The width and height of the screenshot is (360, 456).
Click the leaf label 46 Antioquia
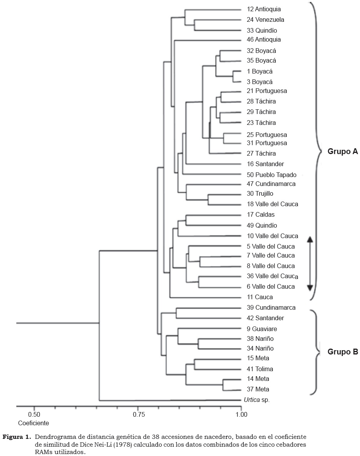pos(264,40)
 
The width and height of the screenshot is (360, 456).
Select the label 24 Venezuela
pos(265,19)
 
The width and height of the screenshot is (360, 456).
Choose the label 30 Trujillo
pos(260,194)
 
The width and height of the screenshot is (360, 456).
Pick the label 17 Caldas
pos(261,215)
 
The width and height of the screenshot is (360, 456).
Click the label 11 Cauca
pos(260,297)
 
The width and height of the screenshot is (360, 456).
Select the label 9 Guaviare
pos(262,329)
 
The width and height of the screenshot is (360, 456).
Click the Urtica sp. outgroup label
pos(257,400)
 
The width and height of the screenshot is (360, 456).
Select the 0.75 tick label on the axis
pos(138,414)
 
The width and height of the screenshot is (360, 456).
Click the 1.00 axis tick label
pos(241,414)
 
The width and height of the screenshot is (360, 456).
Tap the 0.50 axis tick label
pos(34,414)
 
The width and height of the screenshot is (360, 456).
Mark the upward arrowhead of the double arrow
pos(309,240)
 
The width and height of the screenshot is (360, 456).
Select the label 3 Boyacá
pos(259,82)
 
